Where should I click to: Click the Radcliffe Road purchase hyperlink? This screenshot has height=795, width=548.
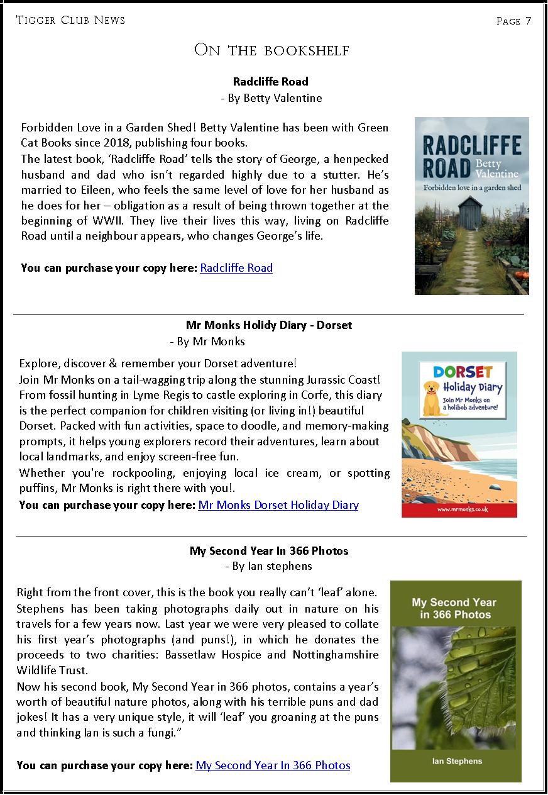(236, 268)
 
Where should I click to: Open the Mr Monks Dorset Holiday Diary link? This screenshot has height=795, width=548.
(278, 505)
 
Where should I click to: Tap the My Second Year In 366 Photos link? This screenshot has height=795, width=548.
(273, 765)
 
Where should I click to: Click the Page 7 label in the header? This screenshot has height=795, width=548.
(513, 21)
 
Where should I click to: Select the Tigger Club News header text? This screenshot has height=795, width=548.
(70, 21)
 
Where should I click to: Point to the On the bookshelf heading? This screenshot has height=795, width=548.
(271, 50)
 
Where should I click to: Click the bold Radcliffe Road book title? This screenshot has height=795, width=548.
(271, 82)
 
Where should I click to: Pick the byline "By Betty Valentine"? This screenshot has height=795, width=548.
(274, 98)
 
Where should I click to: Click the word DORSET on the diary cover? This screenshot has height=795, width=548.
(463, 372)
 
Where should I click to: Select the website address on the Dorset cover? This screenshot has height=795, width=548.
(459, 509)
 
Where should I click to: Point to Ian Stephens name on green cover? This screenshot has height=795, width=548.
(457, 761)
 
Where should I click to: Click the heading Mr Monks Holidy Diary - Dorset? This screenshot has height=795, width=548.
(269, 326)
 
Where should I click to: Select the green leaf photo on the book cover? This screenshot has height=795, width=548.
(457, 682)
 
